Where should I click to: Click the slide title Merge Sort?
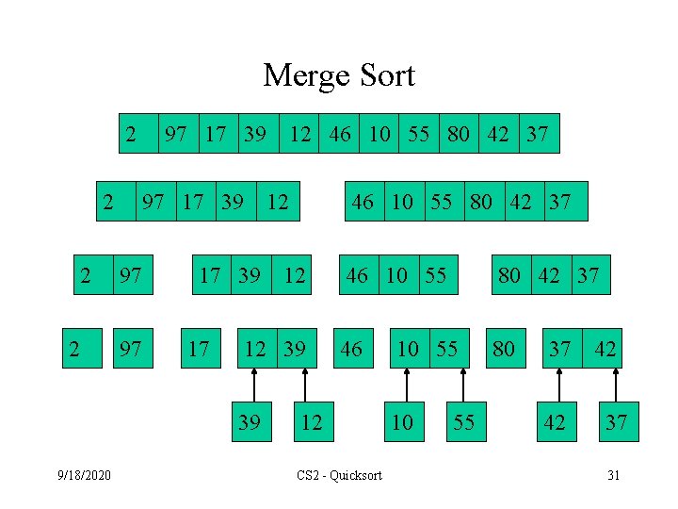339,74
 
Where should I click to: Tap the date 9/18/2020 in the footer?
84,475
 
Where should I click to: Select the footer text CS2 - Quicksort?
339,475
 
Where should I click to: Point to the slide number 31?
613,475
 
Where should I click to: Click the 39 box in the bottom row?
250,421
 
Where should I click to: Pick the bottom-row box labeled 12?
310,421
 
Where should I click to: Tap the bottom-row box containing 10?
402,421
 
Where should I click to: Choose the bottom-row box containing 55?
463,421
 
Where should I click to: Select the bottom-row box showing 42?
556,421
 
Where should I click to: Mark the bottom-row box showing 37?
617,421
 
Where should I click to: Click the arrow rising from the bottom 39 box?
253,385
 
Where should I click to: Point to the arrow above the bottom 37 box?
616,385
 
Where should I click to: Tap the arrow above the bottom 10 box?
407,385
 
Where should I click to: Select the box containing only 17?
199,350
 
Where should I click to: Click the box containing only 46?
350,350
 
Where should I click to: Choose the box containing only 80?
504,350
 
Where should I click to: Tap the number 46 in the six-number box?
363,201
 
